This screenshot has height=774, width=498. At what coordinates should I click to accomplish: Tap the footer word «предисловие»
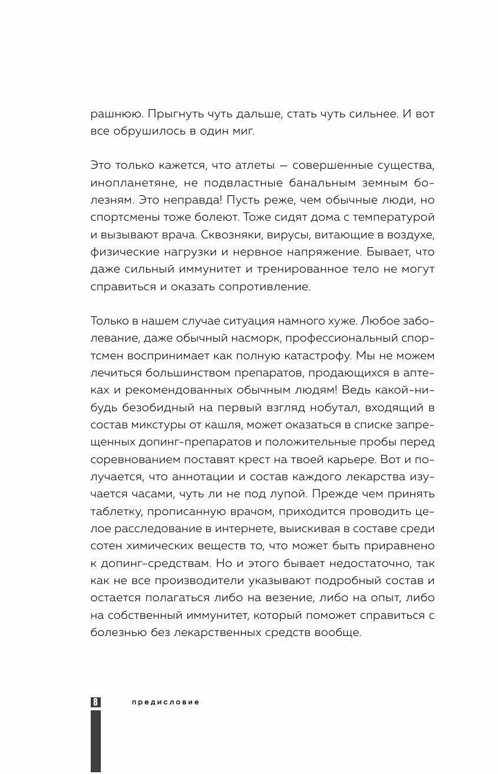tap(166, 702)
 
